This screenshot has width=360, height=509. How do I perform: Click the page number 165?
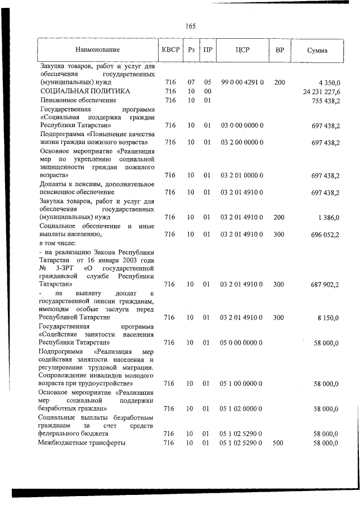pyautogui.click(x=190, y=26)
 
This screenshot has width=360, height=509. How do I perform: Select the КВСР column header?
pyautogui.click(x=170, y=49)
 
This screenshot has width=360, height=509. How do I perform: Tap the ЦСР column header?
pyautogui.click(x=242, y=49)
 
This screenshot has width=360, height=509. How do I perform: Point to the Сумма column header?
pyautogui.click(x=317, y=50)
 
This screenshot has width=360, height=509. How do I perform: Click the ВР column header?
pyautogui.click(x=280, y=49)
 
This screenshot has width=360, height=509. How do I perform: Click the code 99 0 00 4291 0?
pyautogui.click(x=242, y=82)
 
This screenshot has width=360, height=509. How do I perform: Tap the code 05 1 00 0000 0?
pyautogui.click(x=242, y=384)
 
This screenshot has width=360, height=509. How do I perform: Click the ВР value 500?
pyautogui.click(x=279, y=443)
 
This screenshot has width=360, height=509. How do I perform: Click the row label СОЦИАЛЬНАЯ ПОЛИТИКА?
pyautogui.click(x=85, y=91)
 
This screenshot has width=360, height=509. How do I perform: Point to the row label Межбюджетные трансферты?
pyautogui.click(x=82, y=443)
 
